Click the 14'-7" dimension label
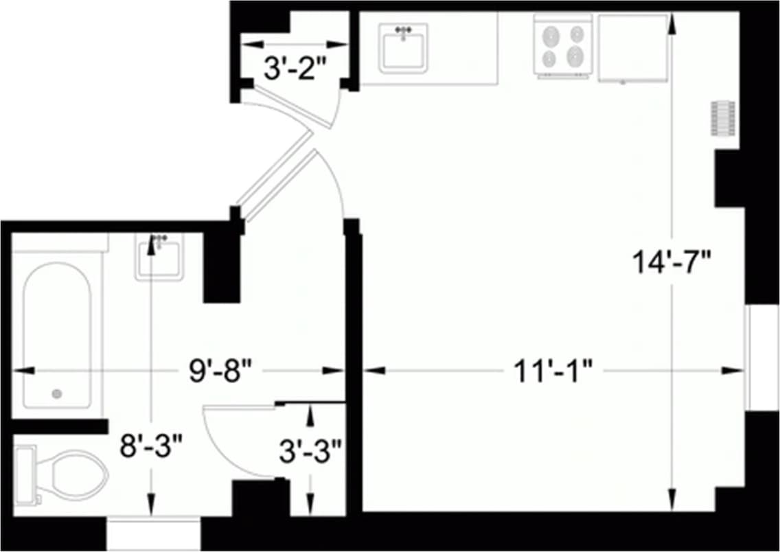click(672, 262)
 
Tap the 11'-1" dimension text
click(553, 371)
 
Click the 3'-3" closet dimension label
click(310, 451)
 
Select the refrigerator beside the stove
click(632, 48)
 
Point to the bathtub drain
click(57, 393)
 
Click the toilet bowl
click(76, 474)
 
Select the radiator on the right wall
click(722, 120)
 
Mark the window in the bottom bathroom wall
click(153, 533)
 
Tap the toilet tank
click(25, 473)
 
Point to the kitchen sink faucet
click(404, 30)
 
